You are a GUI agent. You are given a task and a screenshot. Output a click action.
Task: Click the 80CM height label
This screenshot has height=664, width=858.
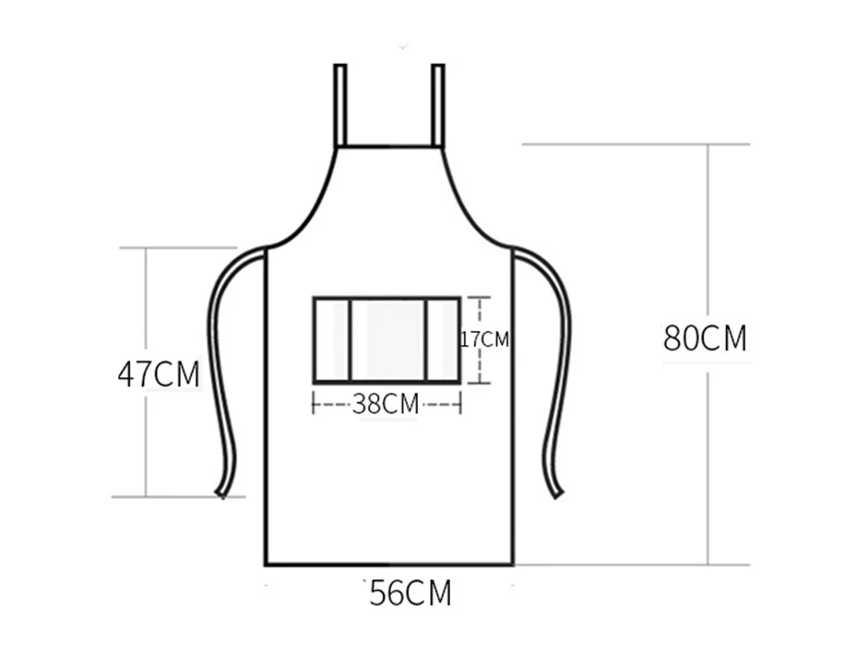coord(705,338)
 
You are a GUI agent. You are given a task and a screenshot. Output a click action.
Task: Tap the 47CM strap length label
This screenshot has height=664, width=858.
coord(159,374)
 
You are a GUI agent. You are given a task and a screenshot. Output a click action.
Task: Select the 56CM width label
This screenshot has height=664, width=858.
coord(411,592)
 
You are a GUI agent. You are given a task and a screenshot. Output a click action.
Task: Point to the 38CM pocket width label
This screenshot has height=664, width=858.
coord(386,404)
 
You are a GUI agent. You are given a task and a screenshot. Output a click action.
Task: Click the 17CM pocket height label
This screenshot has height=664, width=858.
coord(484,339)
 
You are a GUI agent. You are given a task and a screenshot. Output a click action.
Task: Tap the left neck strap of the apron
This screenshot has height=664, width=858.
coord(340,105)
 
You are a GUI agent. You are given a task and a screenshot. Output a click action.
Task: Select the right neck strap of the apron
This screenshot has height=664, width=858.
coord(437,105)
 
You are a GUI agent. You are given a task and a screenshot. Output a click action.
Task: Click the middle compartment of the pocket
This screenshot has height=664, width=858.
coord(388,340)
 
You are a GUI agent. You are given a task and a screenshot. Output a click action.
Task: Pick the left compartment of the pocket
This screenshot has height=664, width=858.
coord(332,340)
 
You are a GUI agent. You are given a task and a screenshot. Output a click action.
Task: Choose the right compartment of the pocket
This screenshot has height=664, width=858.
coord(443,340)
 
